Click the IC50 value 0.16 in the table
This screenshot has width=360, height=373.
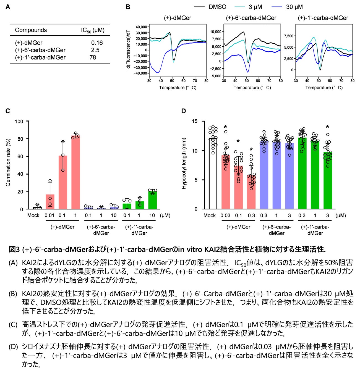click(97, 43)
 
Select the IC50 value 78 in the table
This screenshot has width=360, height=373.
click(93, 57)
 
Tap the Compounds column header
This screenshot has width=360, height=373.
click(31, 30)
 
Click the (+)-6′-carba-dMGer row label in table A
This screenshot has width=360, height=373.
click(40, 50)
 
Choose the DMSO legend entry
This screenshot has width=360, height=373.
click(217, 7)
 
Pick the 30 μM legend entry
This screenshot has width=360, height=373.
click(294, 7)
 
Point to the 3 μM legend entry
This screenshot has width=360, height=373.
click(255, 7)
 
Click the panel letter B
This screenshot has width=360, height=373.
click(128, 7)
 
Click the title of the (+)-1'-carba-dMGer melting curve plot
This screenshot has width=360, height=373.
click(323, 18)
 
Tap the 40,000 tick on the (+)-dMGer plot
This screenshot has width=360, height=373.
click(141, 27)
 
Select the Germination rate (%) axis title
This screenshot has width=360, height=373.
click(8, 162)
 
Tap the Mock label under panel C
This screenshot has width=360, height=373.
click(33, 216)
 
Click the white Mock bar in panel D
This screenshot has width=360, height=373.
click(213, 174)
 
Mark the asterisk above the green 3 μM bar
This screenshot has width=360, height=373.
click(327, 127)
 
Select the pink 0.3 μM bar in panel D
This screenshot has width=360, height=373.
click(251, 192)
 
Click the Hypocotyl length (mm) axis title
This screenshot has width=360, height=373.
click(184, 164)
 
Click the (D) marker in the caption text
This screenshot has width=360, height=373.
click(13, 346)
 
